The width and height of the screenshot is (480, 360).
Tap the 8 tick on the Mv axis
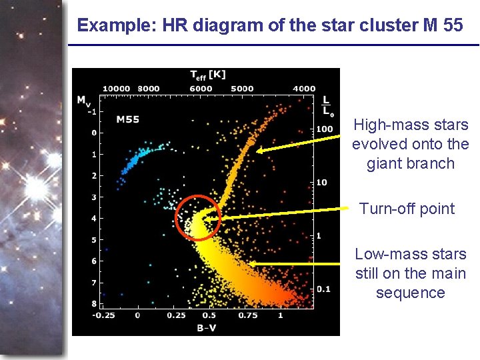(x=94, y=303)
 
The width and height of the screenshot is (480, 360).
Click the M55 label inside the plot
(x=127, y=120)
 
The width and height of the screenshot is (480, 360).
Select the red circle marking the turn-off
(x=197, y=217)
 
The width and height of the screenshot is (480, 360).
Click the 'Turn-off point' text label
(x=407, y=209)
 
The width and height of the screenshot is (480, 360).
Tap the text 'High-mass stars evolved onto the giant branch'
(x=410, y=144)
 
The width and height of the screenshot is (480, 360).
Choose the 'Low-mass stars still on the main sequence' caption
(x=410, y=273)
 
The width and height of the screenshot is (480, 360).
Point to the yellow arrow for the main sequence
(x=297, y=264)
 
